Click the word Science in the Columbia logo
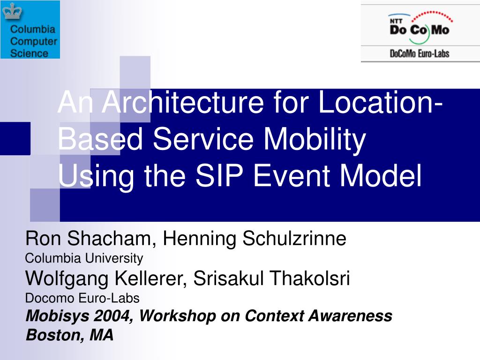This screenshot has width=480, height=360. click(29, 53)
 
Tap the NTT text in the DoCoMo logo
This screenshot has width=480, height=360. click(396, 20)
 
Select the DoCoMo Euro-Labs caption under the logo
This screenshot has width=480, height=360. click(420, 53)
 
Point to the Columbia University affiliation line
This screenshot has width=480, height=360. click(83, 258)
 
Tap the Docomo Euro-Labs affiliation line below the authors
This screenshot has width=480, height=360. click(82, 298)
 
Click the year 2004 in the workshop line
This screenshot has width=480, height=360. click(117, 316)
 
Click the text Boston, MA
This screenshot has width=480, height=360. click(69, 335)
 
